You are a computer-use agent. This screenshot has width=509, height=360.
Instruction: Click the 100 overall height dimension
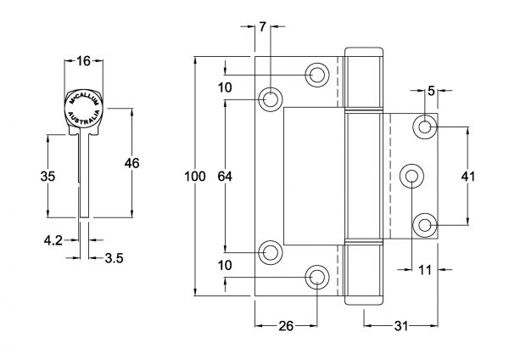tap(195, 177)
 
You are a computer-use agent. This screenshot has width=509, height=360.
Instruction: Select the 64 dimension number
tap(225, 177)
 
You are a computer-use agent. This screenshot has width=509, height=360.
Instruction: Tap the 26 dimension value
tap(286, 326)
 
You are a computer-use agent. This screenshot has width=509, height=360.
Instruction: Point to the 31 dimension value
tap(401, 326)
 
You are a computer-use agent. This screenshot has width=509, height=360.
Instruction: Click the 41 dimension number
tap(468, 177)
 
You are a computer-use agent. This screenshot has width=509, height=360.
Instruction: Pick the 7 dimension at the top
tap(263, 26)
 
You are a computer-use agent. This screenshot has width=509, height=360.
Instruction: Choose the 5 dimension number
tap(431, 92)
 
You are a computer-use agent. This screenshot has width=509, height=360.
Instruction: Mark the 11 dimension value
tap(425, 270)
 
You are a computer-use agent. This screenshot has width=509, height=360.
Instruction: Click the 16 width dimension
tap(83, 61)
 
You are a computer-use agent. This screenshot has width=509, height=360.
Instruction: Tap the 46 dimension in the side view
tap(131, 163)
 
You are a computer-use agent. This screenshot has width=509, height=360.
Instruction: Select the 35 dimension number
tap(48, 177)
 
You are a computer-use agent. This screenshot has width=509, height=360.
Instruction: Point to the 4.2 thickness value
tap(53, 240)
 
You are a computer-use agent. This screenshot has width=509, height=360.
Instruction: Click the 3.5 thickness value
tap(115, 258)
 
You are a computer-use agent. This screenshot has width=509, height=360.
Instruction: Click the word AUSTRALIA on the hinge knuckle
tap(84, 119)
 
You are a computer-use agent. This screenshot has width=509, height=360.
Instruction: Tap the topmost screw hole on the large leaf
tap(317, 75)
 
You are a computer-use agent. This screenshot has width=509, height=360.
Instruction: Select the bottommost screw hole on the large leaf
tap(317, 277)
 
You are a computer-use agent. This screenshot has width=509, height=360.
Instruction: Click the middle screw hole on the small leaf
tap(411, 176)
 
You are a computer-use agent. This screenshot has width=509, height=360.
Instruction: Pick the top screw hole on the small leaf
tap(425, 127)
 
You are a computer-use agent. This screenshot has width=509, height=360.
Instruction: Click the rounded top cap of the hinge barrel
tap(364, 52)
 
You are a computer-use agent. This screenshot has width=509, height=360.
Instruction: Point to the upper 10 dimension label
tap(225, 87)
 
